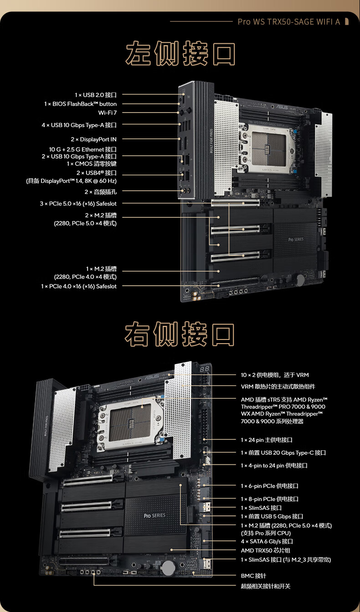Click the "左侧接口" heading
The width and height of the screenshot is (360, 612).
click(x=180, y=53)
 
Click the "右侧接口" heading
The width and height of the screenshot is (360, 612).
click(x=180, y=334)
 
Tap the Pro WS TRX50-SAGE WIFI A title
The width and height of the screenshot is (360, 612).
click(x=289, y=21)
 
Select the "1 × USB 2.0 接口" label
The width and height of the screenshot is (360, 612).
click(x=96, y=95)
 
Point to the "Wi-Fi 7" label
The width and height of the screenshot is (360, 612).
click(x=108, y=113)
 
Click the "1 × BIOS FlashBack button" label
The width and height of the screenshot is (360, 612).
click(x=80, y=104)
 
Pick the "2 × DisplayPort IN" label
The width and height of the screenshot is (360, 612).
click(x=94, y=139)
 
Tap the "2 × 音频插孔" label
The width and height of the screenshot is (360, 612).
click(x=101, y=192)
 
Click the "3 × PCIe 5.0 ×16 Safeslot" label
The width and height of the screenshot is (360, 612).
click(x=78, y=204)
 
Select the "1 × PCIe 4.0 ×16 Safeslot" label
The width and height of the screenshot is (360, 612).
click(x=79, y=286)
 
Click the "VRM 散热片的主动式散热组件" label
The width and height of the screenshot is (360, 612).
click(x=278, y=386)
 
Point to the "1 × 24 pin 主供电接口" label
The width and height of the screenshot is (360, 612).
click(x=267, y=440)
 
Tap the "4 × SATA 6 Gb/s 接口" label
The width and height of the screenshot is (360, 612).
click(x=267, y=541)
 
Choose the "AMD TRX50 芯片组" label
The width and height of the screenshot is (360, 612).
click(x=266, y=550)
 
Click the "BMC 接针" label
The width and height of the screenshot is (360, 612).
click(x=253, y=576)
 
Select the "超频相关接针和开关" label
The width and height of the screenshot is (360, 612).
click(x=266, y=586)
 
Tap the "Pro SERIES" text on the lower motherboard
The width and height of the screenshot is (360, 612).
click(x=154, y=515)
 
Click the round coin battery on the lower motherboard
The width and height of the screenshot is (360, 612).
click(x=168, y=568)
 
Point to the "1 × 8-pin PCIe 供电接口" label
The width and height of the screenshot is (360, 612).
click(x=270, y=499)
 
